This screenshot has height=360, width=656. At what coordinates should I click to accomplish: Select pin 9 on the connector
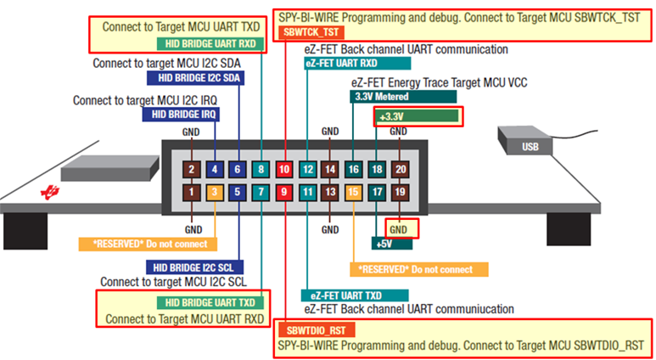(x=283, y=194)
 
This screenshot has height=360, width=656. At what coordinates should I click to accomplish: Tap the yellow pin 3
(x=216, y=194)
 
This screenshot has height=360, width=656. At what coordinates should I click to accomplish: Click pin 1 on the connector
(x=193, y=194)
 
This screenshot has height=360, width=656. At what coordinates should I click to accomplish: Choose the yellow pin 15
(x=353, y=194)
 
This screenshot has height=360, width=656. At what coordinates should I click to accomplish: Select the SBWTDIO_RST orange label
(x=314, y=329)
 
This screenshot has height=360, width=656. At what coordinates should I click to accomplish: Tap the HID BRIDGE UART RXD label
(x=211, y=43)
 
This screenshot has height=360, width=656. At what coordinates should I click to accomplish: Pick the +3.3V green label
(x=418, y=115)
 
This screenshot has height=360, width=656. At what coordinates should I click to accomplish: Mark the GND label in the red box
(x=401, y=228)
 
